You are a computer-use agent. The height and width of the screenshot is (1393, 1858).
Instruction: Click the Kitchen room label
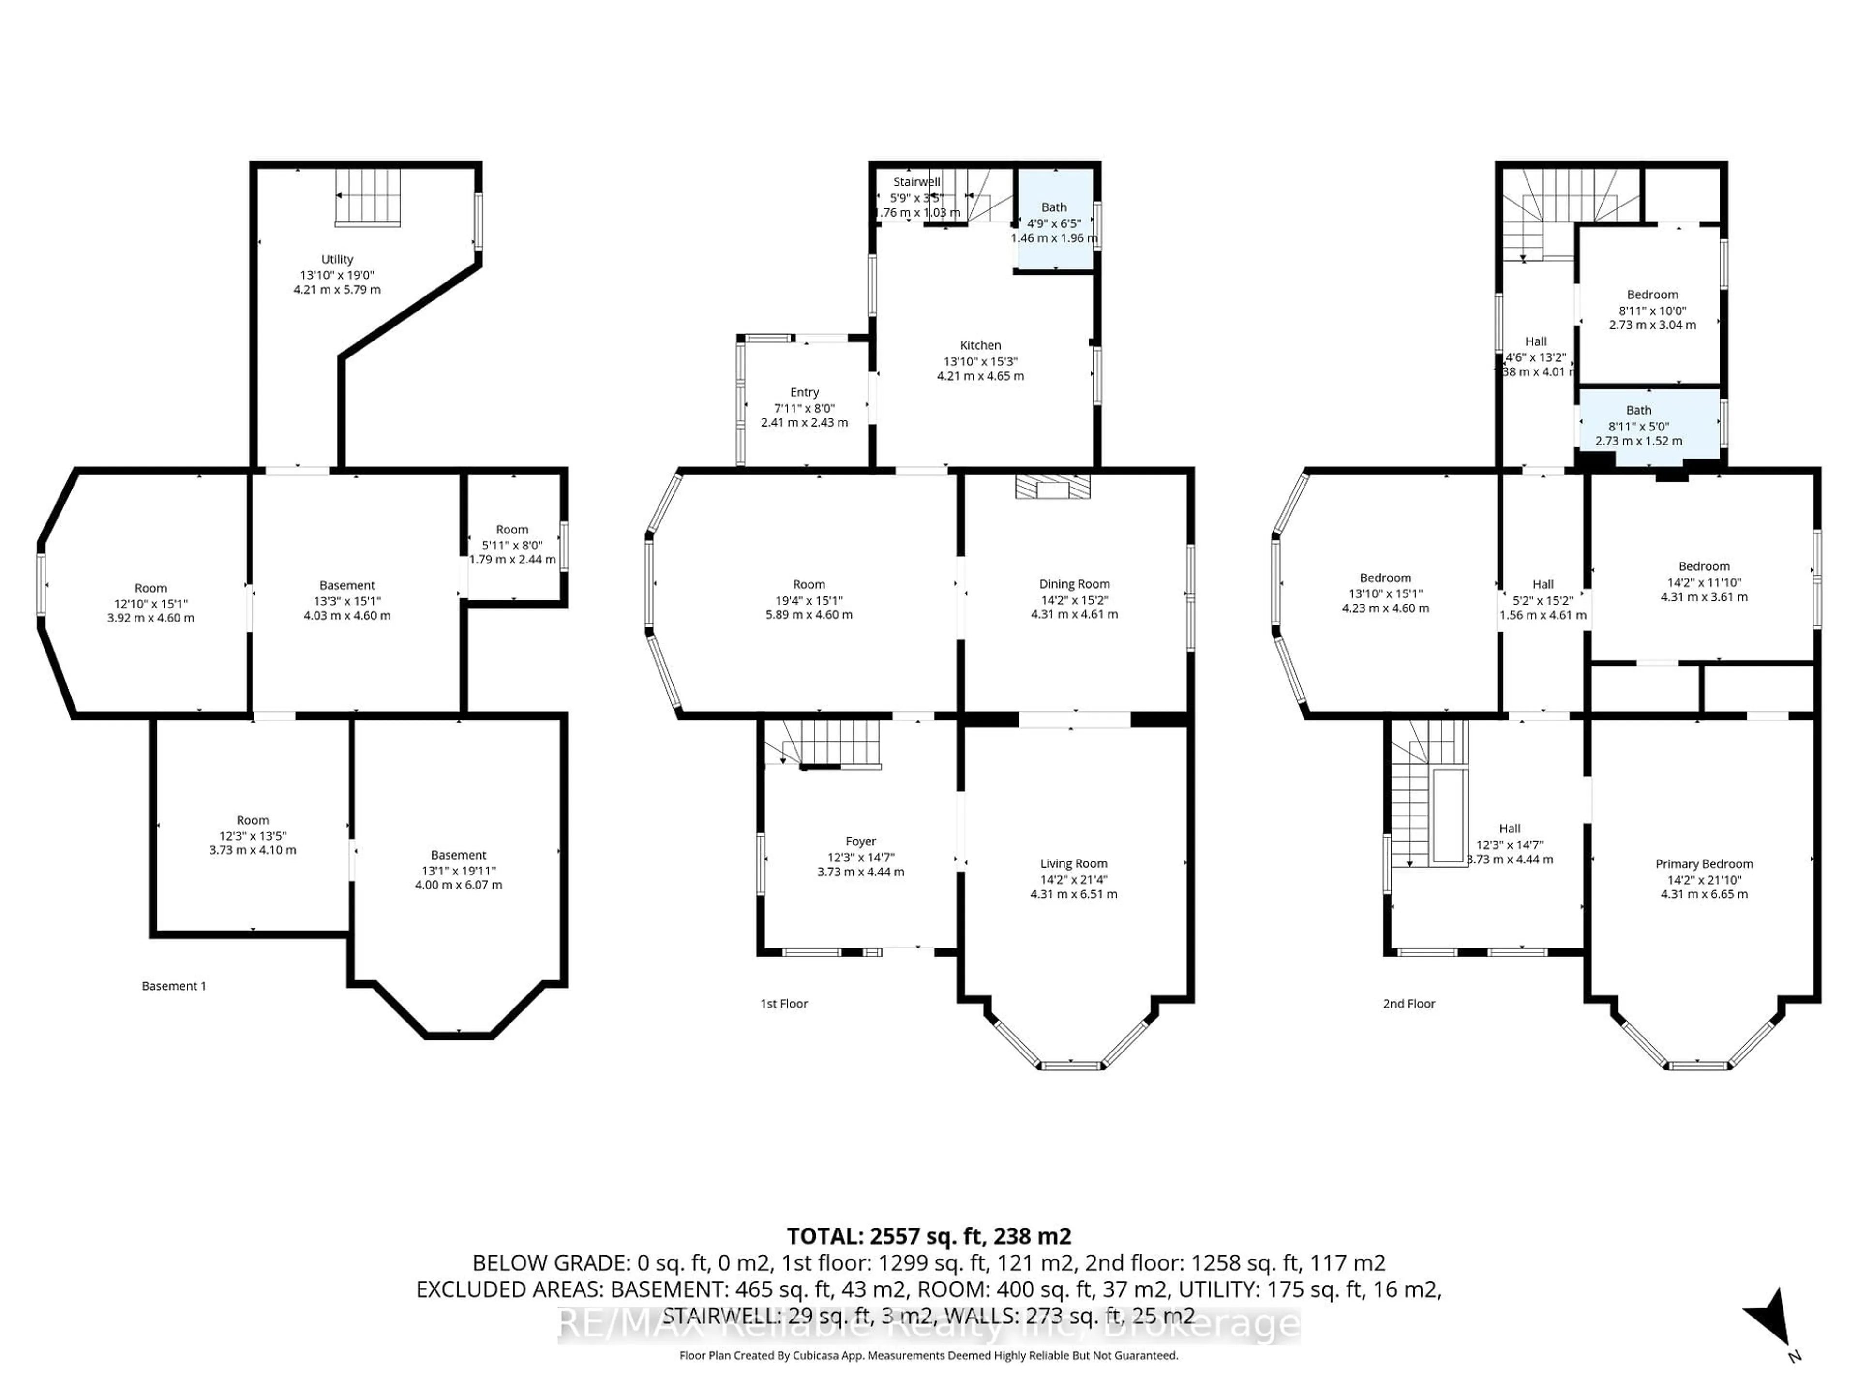point(980,345)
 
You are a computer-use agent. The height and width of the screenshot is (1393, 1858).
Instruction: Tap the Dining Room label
point(1074,584)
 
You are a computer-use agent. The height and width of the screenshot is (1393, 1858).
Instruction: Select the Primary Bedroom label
point(1704,863)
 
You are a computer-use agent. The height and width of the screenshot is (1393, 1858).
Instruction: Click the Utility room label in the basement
point(337,259)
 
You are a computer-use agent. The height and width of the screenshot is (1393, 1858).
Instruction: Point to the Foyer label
point(860,841)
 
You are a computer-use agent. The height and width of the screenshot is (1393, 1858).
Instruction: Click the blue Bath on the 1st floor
point(1054,220)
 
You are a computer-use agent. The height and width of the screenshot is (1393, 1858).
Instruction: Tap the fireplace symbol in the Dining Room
point(1052,488)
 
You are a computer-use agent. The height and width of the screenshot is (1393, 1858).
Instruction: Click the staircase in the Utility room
point(368,197)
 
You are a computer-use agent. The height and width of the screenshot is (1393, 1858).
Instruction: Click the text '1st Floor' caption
point(784,1004)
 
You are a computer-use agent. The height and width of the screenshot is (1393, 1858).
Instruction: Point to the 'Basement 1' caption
point(173,986)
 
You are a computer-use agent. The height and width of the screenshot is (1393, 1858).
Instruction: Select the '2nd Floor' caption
point(1408,1004)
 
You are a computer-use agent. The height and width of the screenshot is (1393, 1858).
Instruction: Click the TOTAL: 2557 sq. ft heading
point(928,1236)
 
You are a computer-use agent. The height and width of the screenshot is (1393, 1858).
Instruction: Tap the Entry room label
point(804,392)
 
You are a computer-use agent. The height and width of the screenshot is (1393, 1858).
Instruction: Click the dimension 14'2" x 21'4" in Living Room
point(1074,879)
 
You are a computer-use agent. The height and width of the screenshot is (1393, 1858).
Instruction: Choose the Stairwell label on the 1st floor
point(916,181)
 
